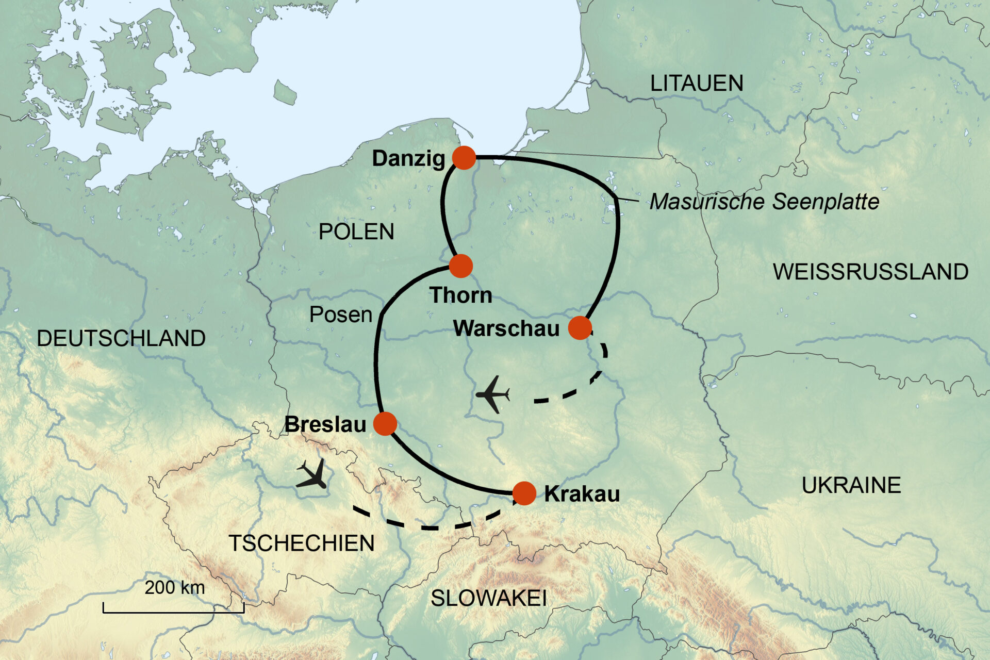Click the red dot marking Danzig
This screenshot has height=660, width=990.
pyautogui.click(x=464, y=157)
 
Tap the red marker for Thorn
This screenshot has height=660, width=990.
pyautogui.click(x=460, y=266)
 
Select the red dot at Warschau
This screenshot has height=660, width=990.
pyautogui.click(x=580, y=327)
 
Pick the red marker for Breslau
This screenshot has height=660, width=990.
pyautogui.click(x=385, y=424)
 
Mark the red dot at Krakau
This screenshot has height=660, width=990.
pyautogui.click(x=524, y=493)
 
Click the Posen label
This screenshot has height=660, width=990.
pyautogui.click(x=340, y=315)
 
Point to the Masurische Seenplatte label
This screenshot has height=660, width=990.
pyautogui.click(x=764, y=202)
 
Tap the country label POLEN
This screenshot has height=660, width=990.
pyautogui.click(x=356, y=232)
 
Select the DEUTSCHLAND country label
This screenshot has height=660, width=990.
pyautogui.click(x=121, y=339)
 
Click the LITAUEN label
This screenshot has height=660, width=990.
pyautogui.click(x=696, y=84)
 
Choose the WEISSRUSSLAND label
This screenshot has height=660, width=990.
pyautogui.click(x=870, y=272)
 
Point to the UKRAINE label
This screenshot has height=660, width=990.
pyautogui.click(x=851, y=486)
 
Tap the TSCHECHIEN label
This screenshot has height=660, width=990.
pyautogui.click(x=301, y=543)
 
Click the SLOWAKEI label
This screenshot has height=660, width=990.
pyautogui.click(x=488, y=599)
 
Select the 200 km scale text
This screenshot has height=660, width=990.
pyautogui.click(x=174, y=588)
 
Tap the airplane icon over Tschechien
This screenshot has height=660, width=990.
pyautogui.click(x=312, y=473)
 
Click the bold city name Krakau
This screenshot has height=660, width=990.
pyautogui.click(x=582, y=494)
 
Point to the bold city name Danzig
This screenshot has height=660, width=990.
pyautogui.click(x=408, y=158)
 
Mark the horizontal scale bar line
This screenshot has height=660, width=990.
pyautogui.click(x=173, y=613)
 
